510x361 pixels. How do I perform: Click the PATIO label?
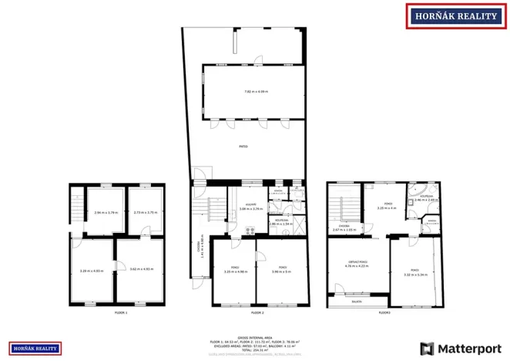(243, 144)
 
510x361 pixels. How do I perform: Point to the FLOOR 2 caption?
(257, 313)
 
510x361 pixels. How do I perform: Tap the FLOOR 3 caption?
(384, 313)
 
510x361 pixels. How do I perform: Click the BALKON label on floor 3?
(357, 302)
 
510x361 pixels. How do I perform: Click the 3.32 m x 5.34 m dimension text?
(414, 275)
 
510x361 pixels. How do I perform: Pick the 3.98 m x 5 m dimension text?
(282, 271)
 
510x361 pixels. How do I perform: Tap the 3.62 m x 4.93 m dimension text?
(142, 269)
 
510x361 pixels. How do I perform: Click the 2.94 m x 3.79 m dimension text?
(106, 212)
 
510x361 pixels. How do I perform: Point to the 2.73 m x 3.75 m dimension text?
(145, 212)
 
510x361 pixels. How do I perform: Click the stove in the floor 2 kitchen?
(250, 231)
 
